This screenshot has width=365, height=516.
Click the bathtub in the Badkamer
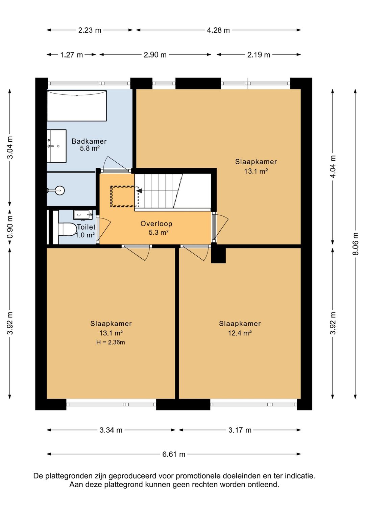pos(77,105)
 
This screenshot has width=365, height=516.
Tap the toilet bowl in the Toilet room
pos(67,229)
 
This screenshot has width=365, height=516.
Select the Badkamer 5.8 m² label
pos(89,145)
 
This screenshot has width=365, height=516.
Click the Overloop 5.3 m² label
pos(156,228)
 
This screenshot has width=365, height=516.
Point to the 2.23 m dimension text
pos(90,30)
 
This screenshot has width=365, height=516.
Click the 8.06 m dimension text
pos(355,244)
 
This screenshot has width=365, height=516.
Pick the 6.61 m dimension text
pos(174,454)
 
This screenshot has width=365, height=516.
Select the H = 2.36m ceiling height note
pos(111,342)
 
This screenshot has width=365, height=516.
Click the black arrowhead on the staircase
pos(139,191)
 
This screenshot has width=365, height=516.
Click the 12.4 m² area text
pos(240,333)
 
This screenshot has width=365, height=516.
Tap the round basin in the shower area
pos(60,190)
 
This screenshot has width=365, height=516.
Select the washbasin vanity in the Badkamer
pos(57,146)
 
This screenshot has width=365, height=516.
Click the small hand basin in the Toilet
pos(83,215)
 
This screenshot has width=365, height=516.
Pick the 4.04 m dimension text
pos(333,167)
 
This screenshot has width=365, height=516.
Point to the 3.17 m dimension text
pos(240,430)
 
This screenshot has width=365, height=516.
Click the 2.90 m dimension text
pos(155,55)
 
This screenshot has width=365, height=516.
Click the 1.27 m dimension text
pos(71,55)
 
